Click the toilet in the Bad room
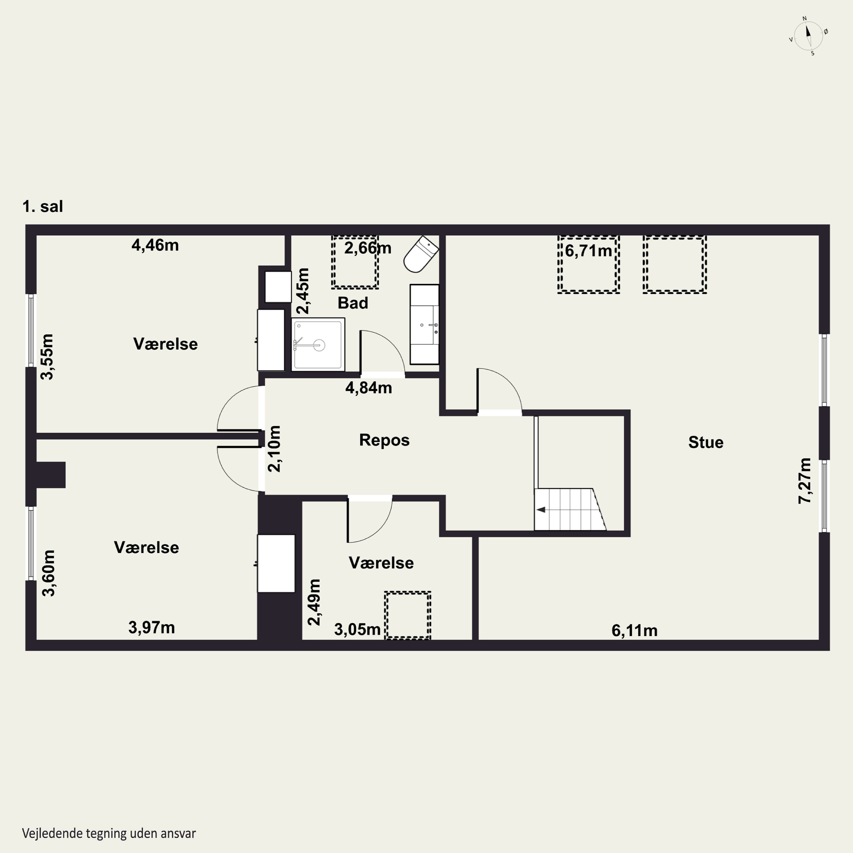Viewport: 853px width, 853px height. pyautogui.click(x=421, y=254)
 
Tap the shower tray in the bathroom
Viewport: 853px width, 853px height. pyautogui.click(x=318, y=344)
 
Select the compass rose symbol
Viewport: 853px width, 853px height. pyautogui.click(x=808, y=36)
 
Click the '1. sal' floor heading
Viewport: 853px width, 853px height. pyautogui.click(x=43, y=206)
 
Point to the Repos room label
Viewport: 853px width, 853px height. pyautogui.click(x=384, y=440)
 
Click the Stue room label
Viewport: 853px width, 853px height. pyautogui.click(x=705, y=442)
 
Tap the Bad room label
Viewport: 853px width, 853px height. pyautogui.click(x=353, y=303)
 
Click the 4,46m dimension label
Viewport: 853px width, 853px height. pyautogui.click(x=155, y=245)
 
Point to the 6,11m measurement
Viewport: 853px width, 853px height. pyautogui.click(x=634, y=630)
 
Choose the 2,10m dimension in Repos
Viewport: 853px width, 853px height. pyautogui.click(x=274, y=449)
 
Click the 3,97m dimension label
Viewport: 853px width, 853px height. pyautogui.click(x=152, y=628)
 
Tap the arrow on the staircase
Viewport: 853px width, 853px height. pyautogui.click(x=541, y=510)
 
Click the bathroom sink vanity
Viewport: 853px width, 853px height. pyautogui.click(x=424, y=324)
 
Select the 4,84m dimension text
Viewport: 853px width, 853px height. pyautogui.click(x=369, y=388)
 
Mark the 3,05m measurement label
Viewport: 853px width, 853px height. pyautogui.click(x=357, y=630)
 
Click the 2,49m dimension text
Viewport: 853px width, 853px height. pyautogui.click(x=314, y=602)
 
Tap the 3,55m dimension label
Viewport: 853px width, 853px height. pyautogui.click(x=47, y=357)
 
